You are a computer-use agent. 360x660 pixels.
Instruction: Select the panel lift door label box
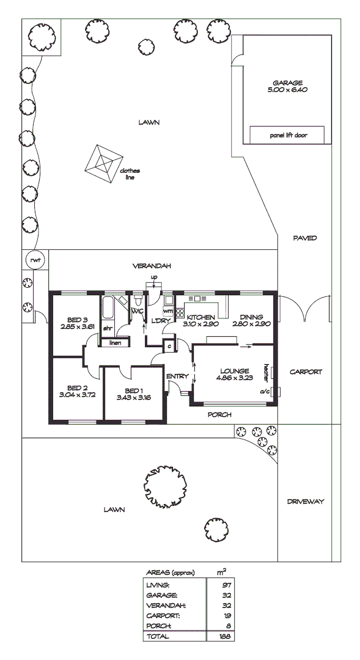(x=287, y=135)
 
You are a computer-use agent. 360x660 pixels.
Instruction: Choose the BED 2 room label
(x=76, y=391)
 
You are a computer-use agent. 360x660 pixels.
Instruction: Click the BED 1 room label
(x=133, y=394)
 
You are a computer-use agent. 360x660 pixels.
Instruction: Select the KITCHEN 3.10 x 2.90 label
(x=201, y=321)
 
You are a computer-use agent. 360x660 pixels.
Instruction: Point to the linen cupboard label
(x=115, y=343)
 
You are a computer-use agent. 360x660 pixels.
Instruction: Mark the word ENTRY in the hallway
(x=177, y=376)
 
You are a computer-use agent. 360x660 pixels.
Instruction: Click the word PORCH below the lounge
(x=219, y=414)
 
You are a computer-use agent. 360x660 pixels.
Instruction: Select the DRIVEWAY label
(x=305, y=502)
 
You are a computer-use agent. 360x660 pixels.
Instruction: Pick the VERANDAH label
(x=152, y=266)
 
